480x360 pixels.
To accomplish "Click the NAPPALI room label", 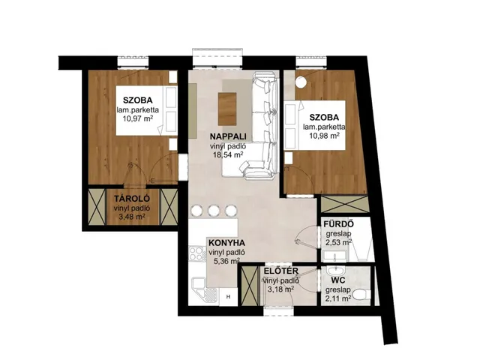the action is coord(228,136).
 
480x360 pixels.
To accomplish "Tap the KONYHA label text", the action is coord(226,243).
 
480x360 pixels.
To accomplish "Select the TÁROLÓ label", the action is coord(132,199).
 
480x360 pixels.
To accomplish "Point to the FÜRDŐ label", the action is coord(339,224).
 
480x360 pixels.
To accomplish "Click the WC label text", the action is coord(338,280).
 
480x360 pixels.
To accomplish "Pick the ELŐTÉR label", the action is coord(281,271).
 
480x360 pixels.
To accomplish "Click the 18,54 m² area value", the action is coord(228,154).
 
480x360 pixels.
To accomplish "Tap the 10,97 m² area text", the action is coord(138,118).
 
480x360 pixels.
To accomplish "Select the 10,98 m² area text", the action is coord(324,136).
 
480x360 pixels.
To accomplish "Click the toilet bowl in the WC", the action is coord(361,295).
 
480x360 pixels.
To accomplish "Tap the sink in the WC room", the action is coord(336,271).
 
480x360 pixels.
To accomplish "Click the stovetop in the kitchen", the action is coord(196,253).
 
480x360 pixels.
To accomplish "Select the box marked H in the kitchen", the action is coord(228,296).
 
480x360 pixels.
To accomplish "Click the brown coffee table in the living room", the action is coord(227,109).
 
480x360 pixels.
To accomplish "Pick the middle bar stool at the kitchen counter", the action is coord(213,211).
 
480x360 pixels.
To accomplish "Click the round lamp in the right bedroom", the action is coord(301,82).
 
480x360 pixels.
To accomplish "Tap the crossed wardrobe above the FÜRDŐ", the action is coord(344,204).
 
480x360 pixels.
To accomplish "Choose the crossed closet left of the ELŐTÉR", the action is coord(250,286).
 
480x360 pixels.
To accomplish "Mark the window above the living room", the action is coord(218,58).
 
